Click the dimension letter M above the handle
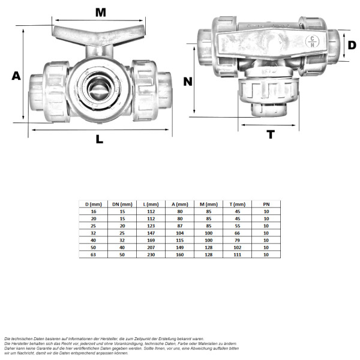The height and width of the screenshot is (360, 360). [x=100, y=12]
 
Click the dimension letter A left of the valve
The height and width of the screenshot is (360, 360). [x=16, y=76]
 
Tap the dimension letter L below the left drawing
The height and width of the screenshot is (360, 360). [x=100, y=139]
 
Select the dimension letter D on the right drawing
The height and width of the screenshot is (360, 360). [x=353, y=44]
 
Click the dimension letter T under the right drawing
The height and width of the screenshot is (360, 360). [x=271, y=134]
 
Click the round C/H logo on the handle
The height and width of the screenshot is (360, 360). [x=313, y=41]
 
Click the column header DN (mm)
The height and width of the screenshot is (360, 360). [x=122, y=204]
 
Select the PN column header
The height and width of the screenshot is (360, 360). [x=266, y=204]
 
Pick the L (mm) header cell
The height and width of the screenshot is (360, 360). [x=151, y=204]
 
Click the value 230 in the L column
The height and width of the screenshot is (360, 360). [x=151, y=254]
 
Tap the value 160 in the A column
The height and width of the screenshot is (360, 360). [x=180, y=254]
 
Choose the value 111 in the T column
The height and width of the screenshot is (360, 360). [x=238, y=254]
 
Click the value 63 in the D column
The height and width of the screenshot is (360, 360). [x=94, y=254]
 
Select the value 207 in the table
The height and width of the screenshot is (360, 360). [x=151, y=247]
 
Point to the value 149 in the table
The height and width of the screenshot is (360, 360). [x=180, y=247]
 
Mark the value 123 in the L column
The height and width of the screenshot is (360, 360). [x=151, y=226]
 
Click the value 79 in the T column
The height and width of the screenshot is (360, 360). [x=238, y=240]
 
